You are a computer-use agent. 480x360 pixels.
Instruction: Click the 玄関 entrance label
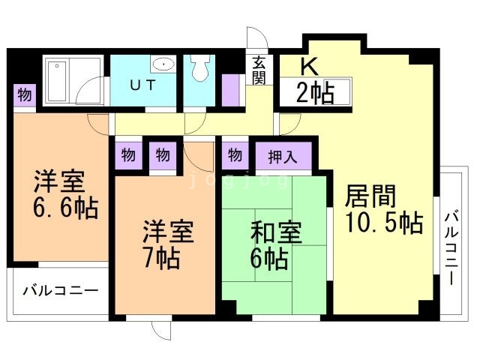tap(259, 71)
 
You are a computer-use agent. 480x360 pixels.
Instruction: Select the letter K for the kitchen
tap(308, 65)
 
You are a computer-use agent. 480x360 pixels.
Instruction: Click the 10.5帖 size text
tap(383, 223)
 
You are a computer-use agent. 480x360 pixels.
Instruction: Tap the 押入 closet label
tap(283, 157)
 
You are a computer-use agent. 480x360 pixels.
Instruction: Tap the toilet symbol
tap(199, 70)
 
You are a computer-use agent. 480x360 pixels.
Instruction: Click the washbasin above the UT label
tap(162, 64)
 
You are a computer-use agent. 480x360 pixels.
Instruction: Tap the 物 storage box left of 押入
tap(235, 156)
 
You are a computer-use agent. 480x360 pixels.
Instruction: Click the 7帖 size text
tap(162, 259)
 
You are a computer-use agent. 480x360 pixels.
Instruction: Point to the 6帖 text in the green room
tap(268, 259)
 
